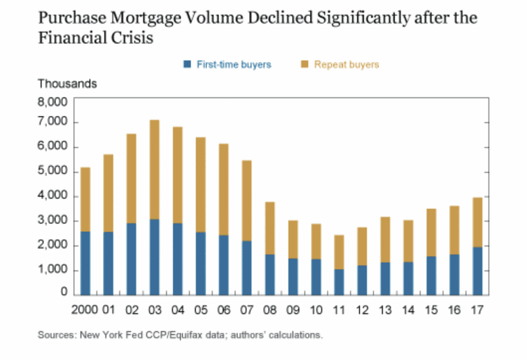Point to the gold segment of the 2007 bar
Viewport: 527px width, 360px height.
coord(247,200)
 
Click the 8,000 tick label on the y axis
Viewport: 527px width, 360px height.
coord(53,102)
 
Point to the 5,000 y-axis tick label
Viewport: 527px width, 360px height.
coord(53,172)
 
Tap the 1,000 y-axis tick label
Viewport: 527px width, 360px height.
coord(53,270)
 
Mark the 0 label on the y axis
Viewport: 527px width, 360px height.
coord(64,292)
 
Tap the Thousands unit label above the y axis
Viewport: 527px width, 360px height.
coord(67,83)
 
